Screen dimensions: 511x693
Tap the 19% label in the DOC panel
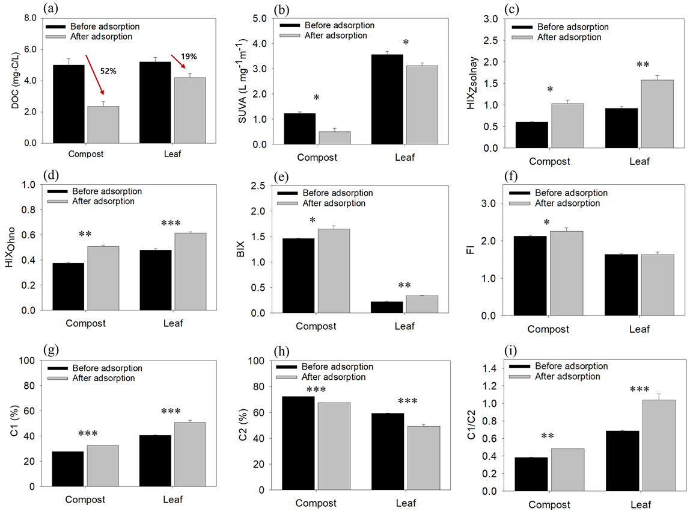point(189,57)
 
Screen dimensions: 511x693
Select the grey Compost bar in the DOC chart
point(103,125)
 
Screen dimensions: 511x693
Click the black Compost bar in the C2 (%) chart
point(294,442)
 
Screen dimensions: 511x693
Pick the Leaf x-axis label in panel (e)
point(405,326)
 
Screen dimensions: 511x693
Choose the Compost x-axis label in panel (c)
point(549,161)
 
